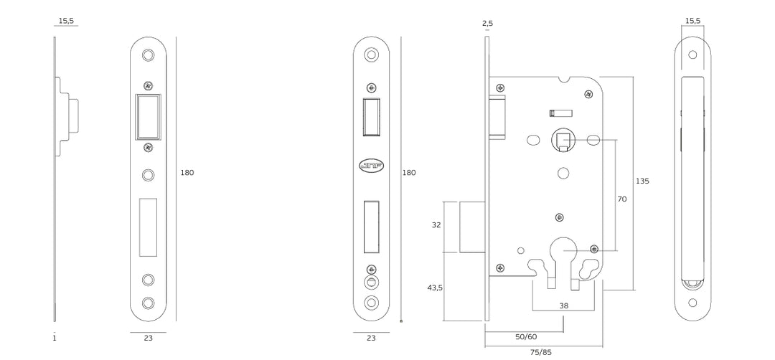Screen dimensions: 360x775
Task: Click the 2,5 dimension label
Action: click(487, 24)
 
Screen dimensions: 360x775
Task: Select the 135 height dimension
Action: click(642, 181)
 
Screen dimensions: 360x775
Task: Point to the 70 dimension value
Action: click(621, 199)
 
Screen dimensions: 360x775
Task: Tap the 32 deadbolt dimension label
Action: click(436, 225)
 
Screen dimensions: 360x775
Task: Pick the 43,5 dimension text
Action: click(435, 288)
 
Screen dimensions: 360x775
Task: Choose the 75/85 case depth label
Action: click(541, 352)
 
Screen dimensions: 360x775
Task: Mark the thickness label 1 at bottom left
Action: click(54, 338)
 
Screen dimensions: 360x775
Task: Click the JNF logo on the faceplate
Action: click(371, 166)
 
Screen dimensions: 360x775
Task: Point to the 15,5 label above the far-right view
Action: click(692, 22)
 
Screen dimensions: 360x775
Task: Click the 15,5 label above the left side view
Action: click(66, 22)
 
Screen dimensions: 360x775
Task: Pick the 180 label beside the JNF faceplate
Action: click(408, 173)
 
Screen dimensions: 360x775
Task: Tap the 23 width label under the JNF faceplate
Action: click(371, 338)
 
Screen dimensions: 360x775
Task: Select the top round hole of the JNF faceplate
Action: click(371, 55)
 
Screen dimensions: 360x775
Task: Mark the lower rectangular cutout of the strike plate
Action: click(148, 227)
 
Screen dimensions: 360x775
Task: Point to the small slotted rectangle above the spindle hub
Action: click(560, 112)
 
